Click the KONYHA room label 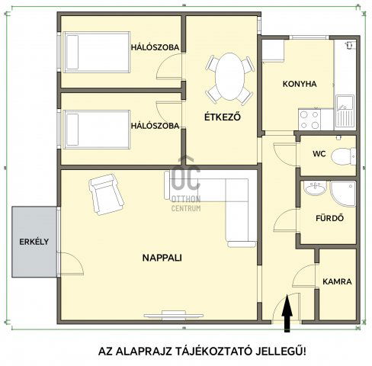coord(300,84)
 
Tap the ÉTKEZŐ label coord(223,117)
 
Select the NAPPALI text coord(162,258)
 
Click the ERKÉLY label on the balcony coord(34,242)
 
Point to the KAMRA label coord(337,281)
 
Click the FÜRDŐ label coord(329,218)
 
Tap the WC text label coord(319,154)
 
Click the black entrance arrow coord(287,313)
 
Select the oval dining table coord(229,76)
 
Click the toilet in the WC coord(343,156)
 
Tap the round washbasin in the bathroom coord(315,188)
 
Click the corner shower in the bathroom coord(343,194)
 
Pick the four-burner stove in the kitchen coord(309,119)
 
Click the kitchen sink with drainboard coord(345,111)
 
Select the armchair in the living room coord(106,194)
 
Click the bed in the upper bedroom coord(97,53)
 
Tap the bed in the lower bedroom coord(97,130)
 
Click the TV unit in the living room coord(174,316)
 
